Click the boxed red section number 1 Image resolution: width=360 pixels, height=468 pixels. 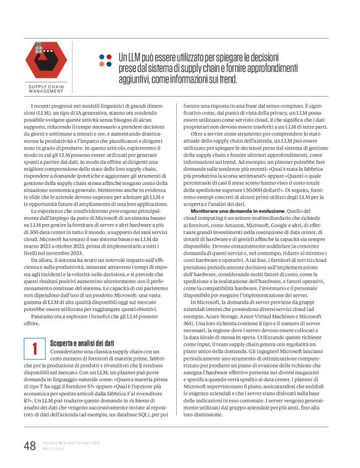(x=36, y=349)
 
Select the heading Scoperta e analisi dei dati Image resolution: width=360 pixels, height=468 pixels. (x=81, y=342)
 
